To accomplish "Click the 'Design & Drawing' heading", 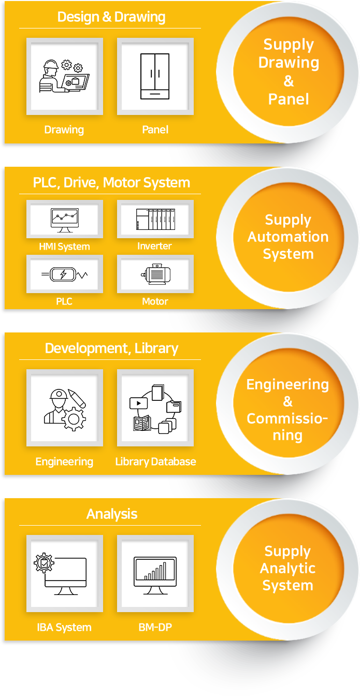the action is (x=111, y=17).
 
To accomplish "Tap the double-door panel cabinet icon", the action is (x=155, y=77).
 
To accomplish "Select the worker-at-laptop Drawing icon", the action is (x=64, y=76).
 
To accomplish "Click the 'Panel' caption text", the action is (x=155, y=129).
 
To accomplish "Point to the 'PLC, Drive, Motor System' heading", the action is (x=111, y=183).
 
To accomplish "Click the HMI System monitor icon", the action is (x=65, y=220).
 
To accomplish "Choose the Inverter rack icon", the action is (x=155, y=219).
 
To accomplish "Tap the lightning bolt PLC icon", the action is (x=64, y=274).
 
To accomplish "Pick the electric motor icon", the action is (x=156, y=274).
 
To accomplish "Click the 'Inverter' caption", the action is (x=154, y=246).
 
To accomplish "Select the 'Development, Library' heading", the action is (x=111, y=349).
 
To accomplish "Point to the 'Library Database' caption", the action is (x=155, y=462).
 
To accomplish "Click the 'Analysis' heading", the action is (x=111, y=514).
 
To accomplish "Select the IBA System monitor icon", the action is (x=60, y=574).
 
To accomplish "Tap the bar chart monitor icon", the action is (x=155, y=575).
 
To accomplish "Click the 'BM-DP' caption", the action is (x=155, y=627).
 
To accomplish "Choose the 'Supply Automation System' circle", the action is (x=288, y=237).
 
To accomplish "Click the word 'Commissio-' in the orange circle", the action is (x=287, y=418).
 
